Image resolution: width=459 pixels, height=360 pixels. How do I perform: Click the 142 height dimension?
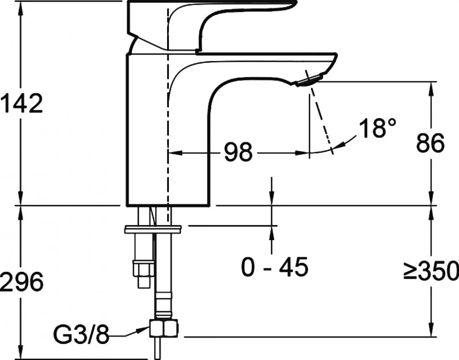(22, 103)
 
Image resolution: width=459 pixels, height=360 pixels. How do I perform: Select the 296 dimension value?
(22, 281)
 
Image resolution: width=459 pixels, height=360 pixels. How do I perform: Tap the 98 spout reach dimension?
(238, 152)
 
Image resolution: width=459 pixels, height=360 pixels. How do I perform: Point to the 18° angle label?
(378, 128)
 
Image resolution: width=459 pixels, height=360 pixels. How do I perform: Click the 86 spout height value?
(431, 143)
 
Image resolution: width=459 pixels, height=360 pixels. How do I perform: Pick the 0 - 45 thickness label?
(274, 267)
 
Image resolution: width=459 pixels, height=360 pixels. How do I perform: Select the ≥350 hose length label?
(431, 270)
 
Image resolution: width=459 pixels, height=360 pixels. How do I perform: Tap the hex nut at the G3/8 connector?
(164, 328)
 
